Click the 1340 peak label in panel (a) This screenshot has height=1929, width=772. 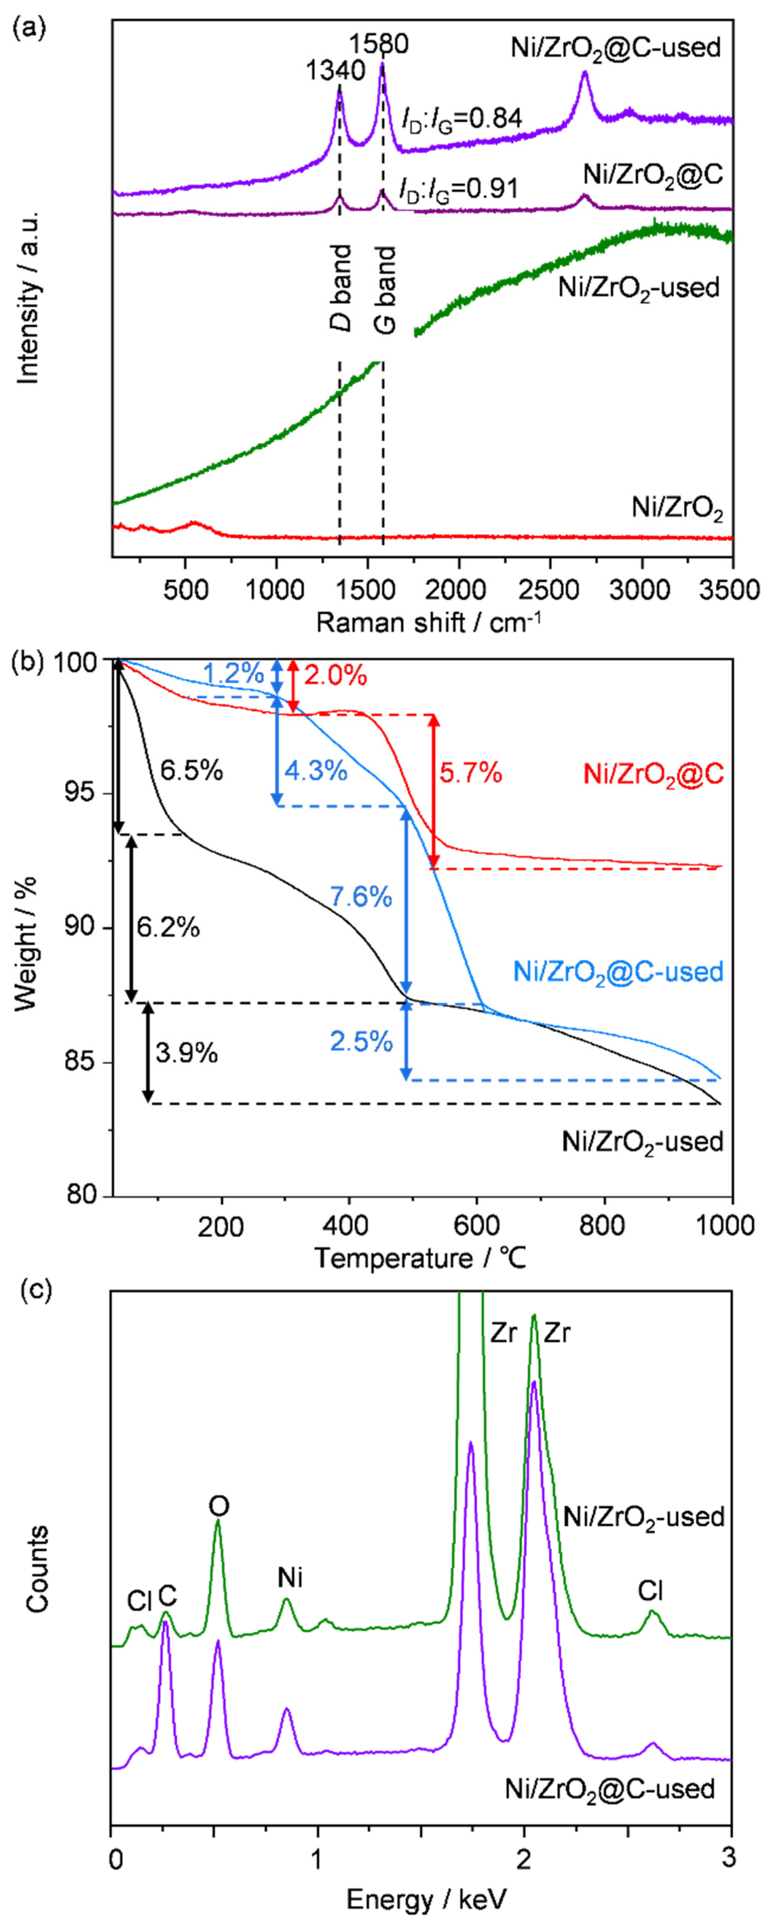[335, 71]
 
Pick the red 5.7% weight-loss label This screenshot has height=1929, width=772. [470, 773]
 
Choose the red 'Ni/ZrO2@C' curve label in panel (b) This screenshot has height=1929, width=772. [653, 773]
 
